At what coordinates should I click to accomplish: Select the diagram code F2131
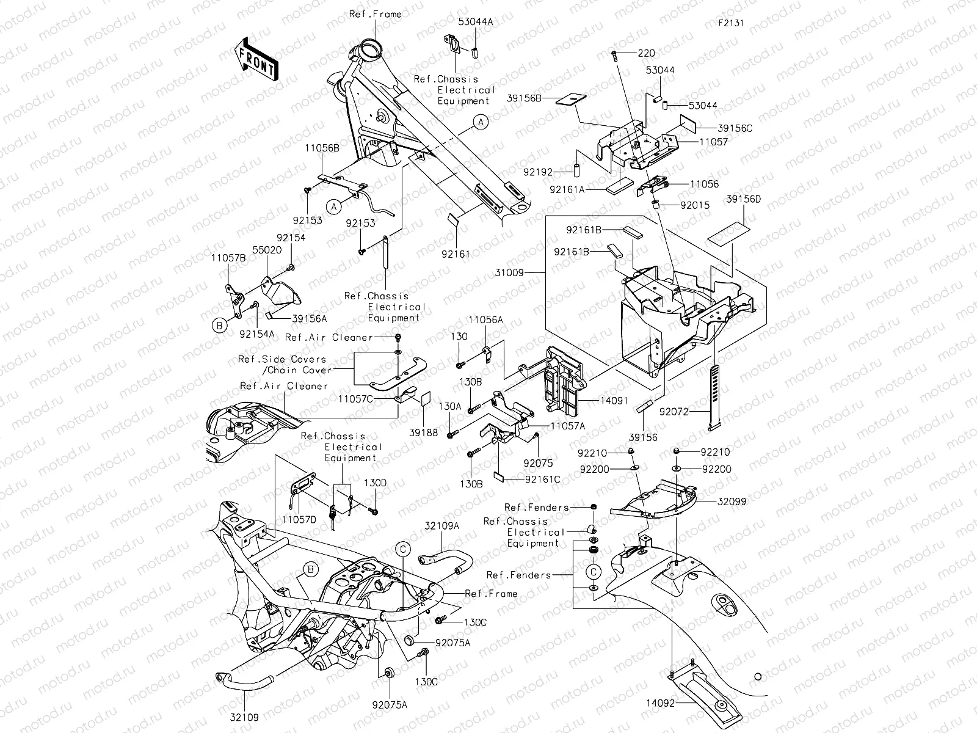tap(732, 24)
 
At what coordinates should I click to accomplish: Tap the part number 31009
tap(510, 273)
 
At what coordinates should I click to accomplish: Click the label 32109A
tap(442, 525)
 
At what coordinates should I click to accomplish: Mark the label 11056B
tap(322, 148)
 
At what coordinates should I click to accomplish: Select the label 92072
tap(674, 412)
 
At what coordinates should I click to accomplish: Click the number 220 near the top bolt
tap(646, 53)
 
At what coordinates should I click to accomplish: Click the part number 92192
tap(538, 173)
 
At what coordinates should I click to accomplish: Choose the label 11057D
tap(299, 519)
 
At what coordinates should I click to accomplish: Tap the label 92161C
tap(542, 480)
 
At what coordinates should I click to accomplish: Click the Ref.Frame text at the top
tap(376, 14)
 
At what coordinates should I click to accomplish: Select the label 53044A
tap(476, 21)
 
